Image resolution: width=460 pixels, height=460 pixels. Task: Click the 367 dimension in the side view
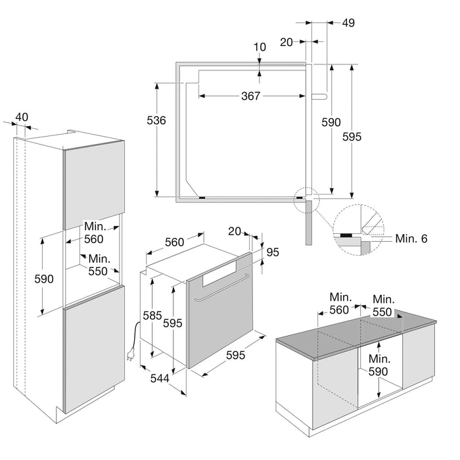tap(250, 96)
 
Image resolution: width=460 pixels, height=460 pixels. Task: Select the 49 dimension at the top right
tap(348, 23)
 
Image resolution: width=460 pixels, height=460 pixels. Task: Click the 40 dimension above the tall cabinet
tap(22, 117)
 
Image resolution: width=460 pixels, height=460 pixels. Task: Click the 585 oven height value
tap(152, 316)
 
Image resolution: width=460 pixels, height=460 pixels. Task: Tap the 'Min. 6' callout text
tap(412, 239)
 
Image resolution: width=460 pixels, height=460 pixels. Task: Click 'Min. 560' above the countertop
tap(339, 304)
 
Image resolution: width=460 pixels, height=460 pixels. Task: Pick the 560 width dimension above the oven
tap(174, 242)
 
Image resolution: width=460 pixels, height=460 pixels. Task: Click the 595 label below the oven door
tap(236, 355)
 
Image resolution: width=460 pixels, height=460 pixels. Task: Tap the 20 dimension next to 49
tap(287, 41)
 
